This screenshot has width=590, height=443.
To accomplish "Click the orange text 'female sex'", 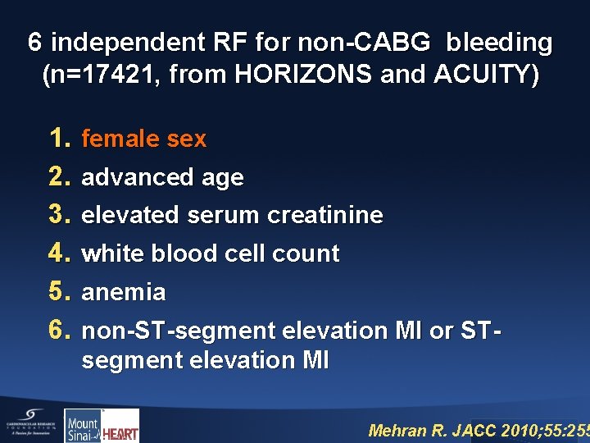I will pyautogui.click(x=144, y=139).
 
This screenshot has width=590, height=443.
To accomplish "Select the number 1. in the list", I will pyautogui.click(x=61, y=139).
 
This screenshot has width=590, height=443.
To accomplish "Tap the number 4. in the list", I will pyautogui.click(x=61, y=253).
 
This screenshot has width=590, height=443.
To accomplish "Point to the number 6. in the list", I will pyautogui.click(x=61, y=330).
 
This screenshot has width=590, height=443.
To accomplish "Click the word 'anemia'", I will pyautogui.click(x=124, y=293).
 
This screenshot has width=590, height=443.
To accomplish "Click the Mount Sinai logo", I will pyautogui.click(x=82, y=427).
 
